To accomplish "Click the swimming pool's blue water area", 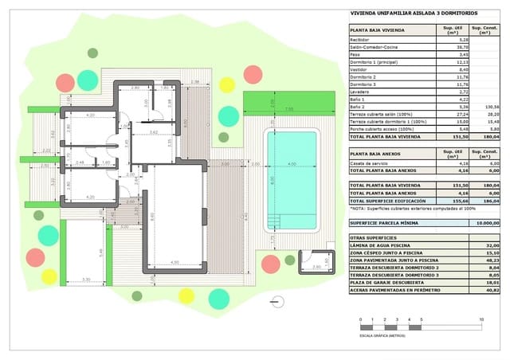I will point(291,182).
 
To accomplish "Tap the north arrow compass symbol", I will point(276,301).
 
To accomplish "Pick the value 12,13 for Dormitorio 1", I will point(451,61).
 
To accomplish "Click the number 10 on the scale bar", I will point(481,319).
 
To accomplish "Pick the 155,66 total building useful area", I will point(450,200).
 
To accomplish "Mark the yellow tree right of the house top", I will point(227,84).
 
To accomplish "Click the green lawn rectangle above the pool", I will point(289,102).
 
